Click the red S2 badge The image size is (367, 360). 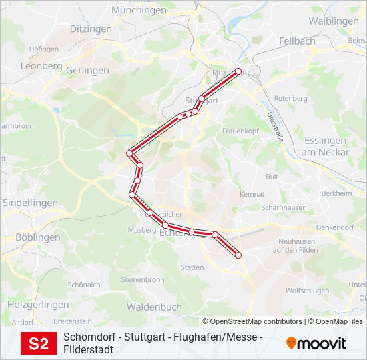(x=39, y=343)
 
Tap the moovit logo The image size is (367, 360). (x=316, y=343)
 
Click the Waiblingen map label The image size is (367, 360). (x=334, y=21)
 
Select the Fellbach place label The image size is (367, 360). (x=297, y=41)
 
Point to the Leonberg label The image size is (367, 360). (x=41, y=66)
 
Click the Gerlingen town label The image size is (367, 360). (x=88, y=70)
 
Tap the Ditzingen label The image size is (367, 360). (x=91, y=29)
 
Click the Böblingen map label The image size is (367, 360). (x=37, y=237)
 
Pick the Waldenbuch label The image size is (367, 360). (x=154, y=307)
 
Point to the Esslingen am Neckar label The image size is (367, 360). (x=325, y=146)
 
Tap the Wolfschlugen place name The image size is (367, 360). (x=307, y=291)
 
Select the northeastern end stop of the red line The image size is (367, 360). (x=238, y=72)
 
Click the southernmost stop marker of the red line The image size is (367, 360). (x=238, y=255)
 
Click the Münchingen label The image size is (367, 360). (x=139, y=11)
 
